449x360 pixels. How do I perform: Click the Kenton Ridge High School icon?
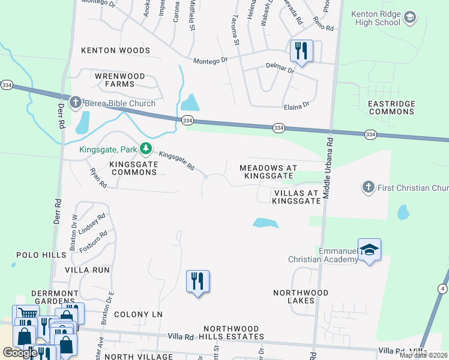pyautogui.click(x=410, y=17)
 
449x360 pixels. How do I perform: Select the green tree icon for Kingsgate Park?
pyautogui.click(x=145, y=148)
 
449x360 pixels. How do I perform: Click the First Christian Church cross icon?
pyautogui.click(x=369, y=188)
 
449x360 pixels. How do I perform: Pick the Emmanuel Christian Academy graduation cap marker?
pyautogui.click(x=369, y=250)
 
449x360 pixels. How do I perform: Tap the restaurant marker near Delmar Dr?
pyautogui.click(x=301, y=50)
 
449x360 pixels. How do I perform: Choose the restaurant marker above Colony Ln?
pyautogui.click(x=197, y=281)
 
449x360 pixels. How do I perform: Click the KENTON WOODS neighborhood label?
pyautogui.click(x=115, y=50)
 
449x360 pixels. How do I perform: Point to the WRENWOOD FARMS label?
pyautogui.click(x=120, y=80)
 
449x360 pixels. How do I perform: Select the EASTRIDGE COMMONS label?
pyautogui.click(x=391, y=108)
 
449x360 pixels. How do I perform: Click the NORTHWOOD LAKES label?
pyautogui.click(x=301, y=296)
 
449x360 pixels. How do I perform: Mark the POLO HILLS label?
pyautogui.click(x=41, y=255)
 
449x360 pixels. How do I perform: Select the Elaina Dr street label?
pyautogui.click(x=297, y=104)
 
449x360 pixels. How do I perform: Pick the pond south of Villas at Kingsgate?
pyautogui.click(x=265, y=223)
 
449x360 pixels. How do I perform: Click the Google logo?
pyautogui.click(x=20, y=353)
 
